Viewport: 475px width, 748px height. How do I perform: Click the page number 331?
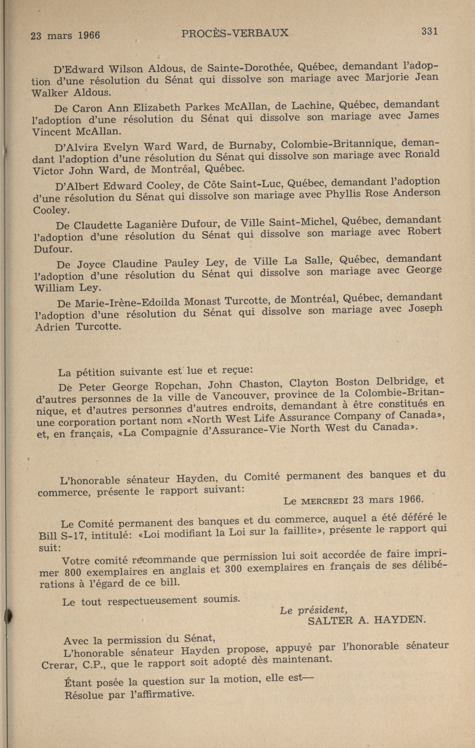point(429,31)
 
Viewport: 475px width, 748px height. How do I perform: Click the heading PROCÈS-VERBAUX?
point(235,33)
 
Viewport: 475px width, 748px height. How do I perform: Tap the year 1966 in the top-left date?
point(89,35)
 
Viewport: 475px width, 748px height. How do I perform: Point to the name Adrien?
point(52,327)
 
